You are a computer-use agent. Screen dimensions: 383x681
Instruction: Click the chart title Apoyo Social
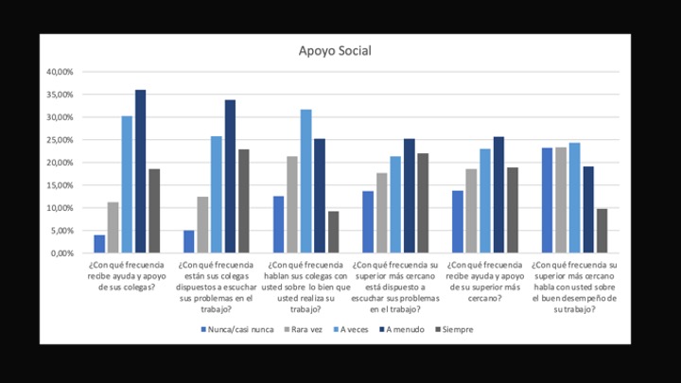[336, 51]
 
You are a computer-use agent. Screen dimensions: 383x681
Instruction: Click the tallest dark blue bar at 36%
[140, 171]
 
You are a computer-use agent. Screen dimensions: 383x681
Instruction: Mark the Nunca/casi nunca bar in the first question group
[99, 244]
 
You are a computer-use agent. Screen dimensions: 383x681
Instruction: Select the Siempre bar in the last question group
[602, 231]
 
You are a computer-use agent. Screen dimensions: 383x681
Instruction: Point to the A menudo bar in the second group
[230, 177]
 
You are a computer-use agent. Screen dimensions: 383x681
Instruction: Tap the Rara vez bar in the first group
[113, 228]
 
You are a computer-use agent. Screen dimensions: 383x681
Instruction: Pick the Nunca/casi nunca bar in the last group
[548, 200]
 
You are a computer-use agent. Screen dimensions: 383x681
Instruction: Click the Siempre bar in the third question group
[334, 233]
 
